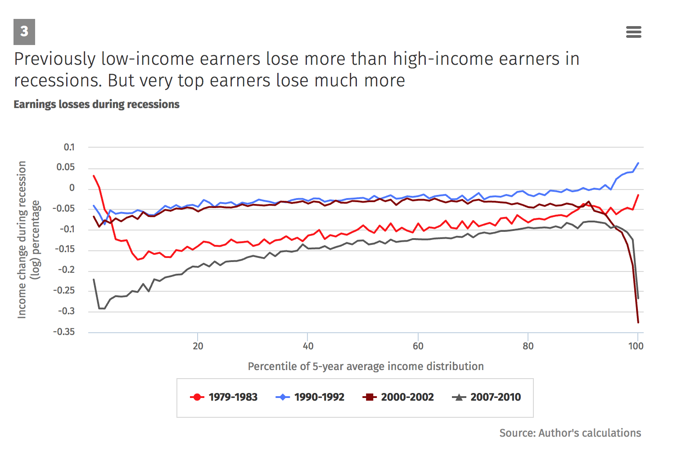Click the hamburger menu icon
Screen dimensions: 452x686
(x=633, y=32)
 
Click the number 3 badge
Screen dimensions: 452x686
(x=24, y=32)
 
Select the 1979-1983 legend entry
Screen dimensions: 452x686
(x=224, y=397)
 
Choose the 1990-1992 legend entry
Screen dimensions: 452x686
(x=310, y=397)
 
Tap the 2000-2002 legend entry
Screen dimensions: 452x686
(x=398, y=397)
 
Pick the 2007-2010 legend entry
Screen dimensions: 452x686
(x=487, y=397)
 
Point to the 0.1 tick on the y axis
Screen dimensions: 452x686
(x=69, y=147)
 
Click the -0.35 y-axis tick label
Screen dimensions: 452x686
(x=64, y=332)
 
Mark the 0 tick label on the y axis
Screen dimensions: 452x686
(x=72, y=188)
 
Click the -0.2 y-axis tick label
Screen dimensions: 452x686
(x=66, y=270)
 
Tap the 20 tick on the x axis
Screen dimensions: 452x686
(x=198, y=346)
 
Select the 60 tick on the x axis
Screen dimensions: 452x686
(x=418, y=346)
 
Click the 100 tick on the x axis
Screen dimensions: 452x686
(x=636, y=346)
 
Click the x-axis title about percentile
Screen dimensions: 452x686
(x=366, y=366)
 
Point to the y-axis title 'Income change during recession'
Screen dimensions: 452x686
(x=22, y=240)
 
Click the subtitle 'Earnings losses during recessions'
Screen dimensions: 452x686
(x=96, y=104)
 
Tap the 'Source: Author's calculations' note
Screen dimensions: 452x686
(x=570, y=433)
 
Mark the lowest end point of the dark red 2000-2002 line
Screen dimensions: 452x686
(x=638, y=322)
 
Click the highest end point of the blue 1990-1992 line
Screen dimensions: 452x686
(x=638, y=163)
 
